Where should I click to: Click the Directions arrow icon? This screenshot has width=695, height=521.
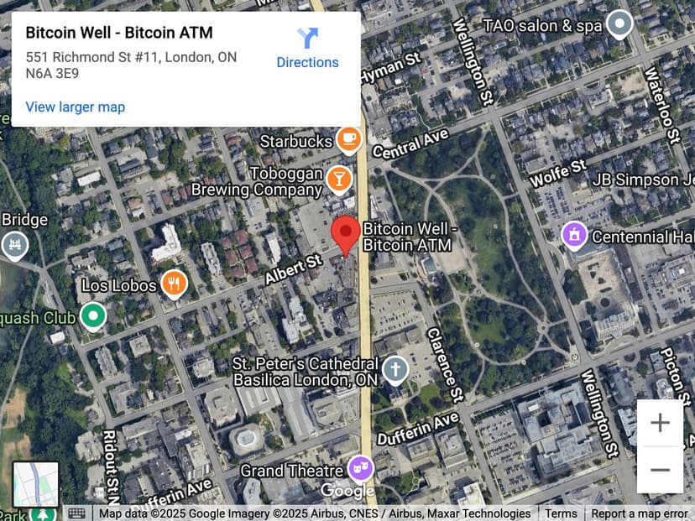click(x=307, y=38)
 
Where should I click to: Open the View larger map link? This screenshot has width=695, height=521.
click(x=76, y=107)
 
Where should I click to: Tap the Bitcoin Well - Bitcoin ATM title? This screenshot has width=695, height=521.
click(x=119, y=33)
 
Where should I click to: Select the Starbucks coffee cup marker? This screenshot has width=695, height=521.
click(x=348, y=138)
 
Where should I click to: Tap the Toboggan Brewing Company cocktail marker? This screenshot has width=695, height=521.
click(x=338, y=177)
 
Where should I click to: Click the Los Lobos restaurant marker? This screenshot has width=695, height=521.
click(x=174, y=284)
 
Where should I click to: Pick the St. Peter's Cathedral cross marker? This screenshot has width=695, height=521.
click(x=395, y=369)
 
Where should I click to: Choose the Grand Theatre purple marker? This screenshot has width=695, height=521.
click(x=360, y=467)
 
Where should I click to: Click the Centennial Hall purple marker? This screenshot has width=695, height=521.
click(x=574, y=235)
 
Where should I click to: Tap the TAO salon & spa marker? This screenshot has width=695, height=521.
click(x=619, y=24)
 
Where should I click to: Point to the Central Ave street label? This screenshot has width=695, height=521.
click(x=410, y=145)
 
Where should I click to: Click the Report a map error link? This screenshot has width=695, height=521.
click(x=640, y=513)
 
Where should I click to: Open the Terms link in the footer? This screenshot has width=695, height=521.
click(x=561, y=513)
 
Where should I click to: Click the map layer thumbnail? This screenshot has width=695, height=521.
click(x=36, y=483)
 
